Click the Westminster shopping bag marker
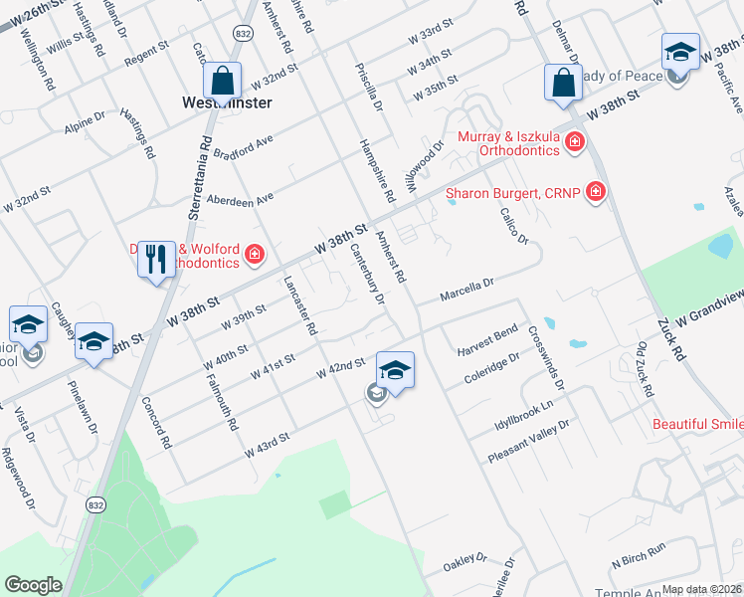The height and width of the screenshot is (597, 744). (224, 81)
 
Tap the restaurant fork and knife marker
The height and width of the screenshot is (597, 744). (156, 261)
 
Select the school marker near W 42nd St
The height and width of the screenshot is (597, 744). (395, 372)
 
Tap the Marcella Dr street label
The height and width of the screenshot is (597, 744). (467, 290)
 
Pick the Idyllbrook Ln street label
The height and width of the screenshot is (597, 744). (523, 417)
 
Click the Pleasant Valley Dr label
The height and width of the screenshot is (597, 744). (528, 442)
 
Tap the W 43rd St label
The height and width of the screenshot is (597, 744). (267, 444)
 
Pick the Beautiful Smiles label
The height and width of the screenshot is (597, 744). (697, 425)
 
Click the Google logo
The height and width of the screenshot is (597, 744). (33, 585)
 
